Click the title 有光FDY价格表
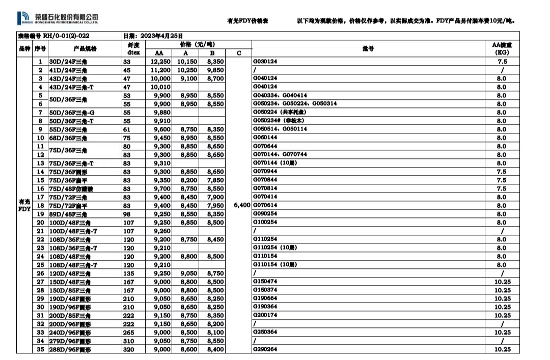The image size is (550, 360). (248, 21)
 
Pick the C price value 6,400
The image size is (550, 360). (242, 205)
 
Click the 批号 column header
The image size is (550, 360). (368, 49)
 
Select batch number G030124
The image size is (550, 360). (265, 62)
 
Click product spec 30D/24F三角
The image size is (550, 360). (68, 62)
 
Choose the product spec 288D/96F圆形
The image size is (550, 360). (70, 349)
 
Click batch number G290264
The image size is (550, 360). (265, 349)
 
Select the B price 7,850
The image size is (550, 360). (214, 180)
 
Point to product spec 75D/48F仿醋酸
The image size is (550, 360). (71, 188)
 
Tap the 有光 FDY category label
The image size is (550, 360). (24, 205)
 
